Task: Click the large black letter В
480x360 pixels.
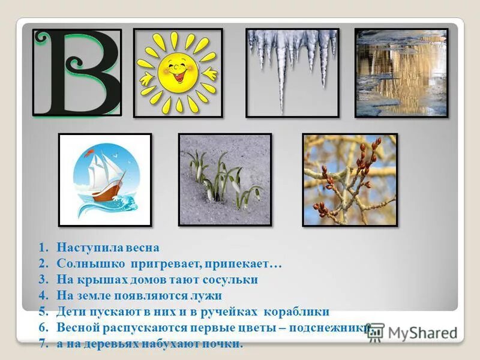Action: pyautogui.click(x=77, y=72)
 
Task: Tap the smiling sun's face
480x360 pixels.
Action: pyautogui.click(x=178, y=71)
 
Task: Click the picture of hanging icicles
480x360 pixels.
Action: pyautogui.click(x=292, y=73)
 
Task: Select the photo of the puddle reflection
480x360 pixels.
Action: pyautogui.click(x=401, y=73)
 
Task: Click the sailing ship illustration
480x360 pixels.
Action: pyautogui.click(x=105, y=180)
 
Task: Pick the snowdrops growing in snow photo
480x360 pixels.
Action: pyautogui.click(x=225, y=179)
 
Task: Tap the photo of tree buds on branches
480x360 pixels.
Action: pyautogui.click(x=350, y=180)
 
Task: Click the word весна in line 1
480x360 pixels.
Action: pyautogui.click(x=142, y=247)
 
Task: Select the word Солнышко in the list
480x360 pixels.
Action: pyautogui.click(x=84, y=263)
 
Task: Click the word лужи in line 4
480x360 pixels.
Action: pyautogui.click(x=209, y=296)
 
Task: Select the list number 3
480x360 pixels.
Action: pyautogui.click(x=43, y=280)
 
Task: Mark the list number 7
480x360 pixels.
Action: pyautogui.click(x=43, y=344)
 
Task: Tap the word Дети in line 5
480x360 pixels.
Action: pyautogui.click(x=71, y=312)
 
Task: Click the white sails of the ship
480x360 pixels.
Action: pyautogui.click(x=101, y=174)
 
